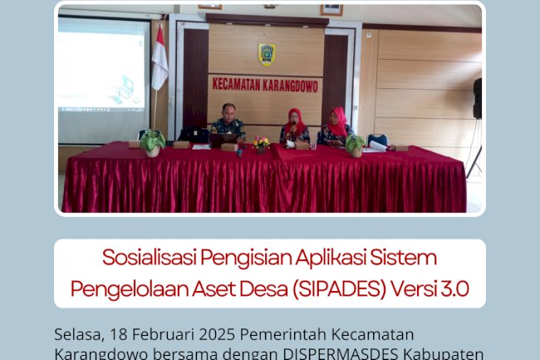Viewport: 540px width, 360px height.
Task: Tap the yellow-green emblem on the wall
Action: coord(267,54)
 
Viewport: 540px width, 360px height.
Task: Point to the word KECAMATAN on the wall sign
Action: coord(240,84)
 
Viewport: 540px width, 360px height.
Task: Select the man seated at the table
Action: coord(227,125)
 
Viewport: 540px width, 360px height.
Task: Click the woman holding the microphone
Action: coord(295,126)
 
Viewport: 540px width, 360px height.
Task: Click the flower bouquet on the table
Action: coord(262,144)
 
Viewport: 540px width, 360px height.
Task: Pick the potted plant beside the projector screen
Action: coord(152,143)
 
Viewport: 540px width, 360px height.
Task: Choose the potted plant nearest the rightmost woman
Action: coord(356,145)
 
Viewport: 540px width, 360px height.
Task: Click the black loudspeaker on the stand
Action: coord(477,98)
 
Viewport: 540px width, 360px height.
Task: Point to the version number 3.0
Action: coord(454,288)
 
